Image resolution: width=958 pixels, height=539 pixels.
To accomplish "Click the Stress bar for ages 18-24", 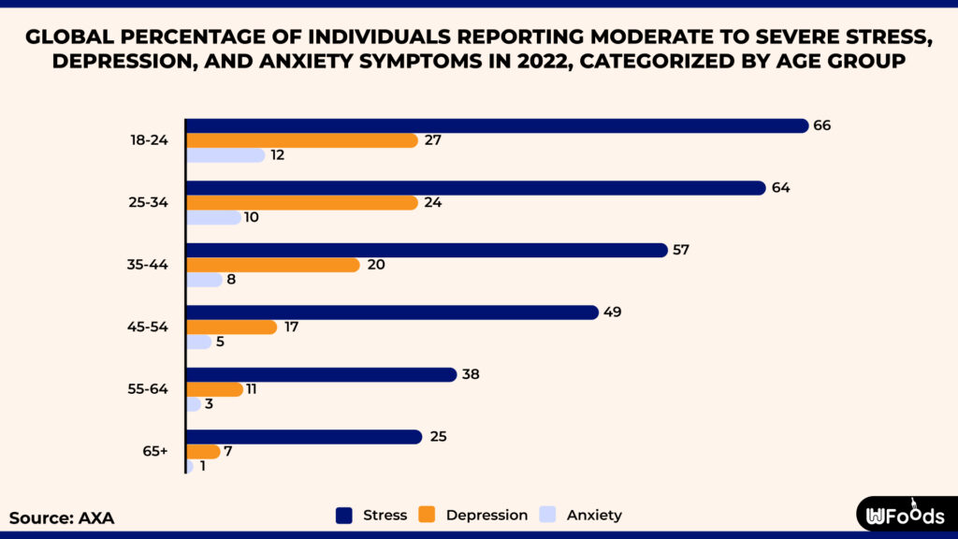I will pos(497,125).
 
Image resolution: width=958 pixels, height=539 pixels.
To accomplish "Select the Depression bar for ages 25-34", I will pos(301,202).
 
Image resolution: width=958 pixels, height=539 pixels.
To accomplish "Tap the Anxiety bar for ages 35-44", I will pos(204,280).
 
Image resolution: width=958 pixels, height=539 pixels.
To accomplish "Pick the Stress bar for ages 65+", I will pos(304,437).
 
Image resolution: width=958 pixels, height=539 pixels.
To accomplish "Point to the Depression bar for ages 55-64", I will pos(214,389).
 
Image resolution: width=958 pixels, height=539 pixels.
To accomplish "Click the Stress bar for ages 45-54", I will pos(392,313).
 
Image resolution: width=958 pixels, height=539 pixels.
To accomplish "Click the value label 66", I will pos(822,125).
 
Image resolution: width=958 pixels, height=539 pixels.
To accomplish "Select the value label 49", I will pos(613,313).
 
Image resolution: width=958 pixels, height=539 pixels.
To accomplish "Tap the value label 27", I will pos(432,140).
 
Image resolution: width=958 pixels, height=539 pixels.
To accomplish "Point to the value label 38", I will pos(472,374).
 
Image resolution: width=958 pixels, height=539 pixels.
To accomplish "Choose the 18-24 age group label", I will pos(150,140).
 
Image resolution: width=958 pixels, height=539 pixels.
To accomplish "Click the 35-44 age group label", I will pos(150,265).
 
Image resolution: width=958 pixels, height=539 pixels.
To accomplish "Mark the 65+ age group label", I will pos(155,451).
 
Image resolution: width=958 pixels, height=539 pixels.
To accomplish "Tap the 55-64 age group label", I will pos(150,389).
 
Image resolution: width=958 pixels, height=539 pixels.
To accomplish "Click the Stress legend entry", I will pos(371,515).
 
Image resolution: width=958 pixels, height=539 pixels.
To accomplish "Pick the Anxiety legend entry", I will pos(581,515).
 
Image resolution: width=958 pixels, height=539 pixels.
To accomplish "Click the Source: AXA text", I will pos(62,517).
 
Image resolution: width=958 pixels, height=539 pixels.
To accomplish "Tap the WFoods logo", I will pos(905,516).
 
